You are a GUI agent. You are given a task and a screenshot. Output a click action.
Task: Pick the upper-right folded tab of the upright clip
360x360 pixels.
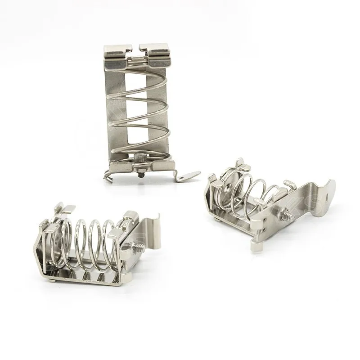point(154,50)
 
